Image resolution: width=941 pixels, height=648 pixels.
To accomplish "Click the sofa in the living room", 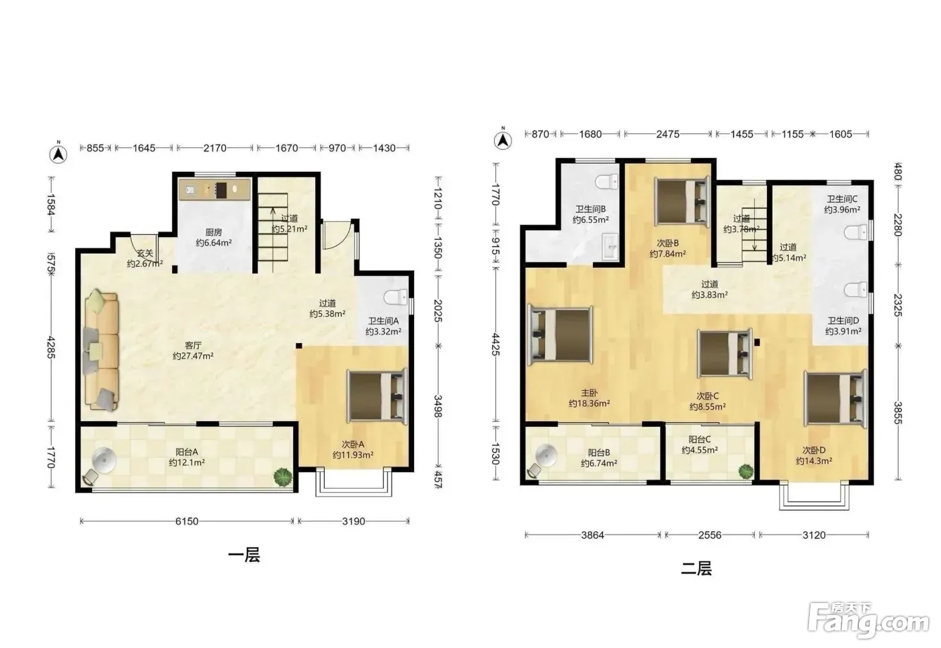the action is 101,351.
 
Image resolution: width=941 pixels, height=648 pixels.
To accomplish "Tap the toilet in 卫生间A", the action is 395,297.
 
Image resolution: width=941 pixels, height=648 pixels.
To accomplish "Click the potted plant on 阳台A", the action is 283,477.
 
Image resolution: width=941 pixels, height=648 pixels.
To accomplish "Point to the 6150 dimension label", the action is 187,521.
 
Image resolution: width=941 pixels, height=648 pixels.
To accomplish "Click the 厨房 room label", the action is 214,232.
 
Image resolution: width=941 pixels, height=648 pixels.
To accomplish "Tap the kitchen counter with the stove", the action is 214,189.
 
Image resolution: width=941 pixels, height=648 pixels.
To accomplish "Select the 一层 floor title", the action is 244,555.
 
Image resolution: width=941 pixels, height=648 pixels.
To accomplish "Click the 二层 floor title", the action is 696,568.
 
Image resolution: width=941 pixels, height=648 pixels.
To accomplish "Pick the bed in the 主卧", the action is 561,334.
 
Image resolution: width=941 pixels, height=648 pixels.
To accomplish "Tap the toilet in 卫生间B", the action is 606,182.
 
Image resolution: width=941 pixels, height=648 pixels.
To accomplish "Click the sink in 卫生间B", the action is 610,247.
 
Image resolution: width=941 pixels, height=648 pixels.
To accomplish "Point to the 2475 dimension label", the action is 667,134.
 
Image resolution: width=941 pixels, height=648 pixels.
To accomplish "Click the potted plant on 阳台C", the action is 746,471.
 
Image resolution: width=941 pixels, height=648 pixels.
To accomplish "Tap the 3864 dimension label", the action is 592,535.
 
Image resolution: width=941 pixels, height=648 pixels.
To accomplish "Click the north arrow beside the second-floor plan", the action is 503,140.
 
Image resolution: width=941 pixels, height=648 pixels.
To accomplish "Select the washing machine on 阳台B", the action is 546,456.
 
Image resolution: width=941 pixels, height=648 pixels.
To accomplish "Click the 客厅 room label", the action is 193,345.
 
